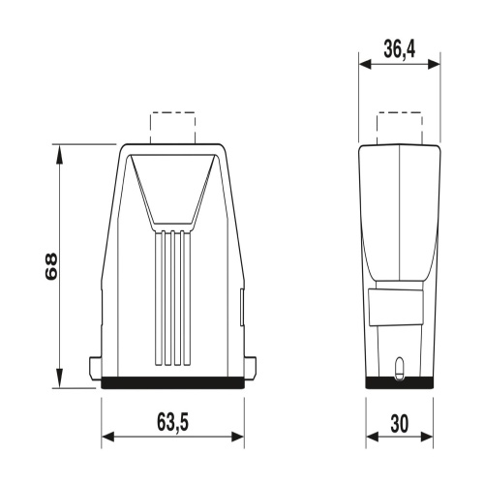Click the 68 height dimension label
51,266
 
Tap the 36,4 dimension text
400,49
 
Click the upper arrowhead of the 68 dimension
59,155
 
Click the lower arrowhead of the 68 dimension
59,378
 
